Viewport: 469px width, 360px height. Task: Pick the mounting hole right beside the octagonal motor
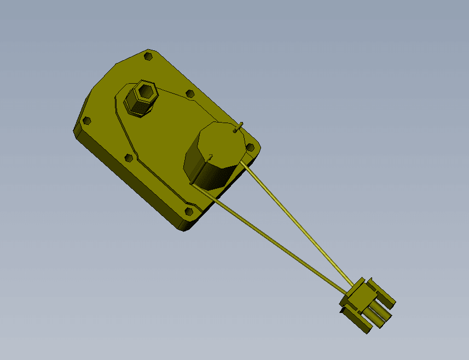click(251, 147)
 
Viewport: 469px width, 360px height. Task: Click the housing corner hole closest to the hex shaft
click(148, 56)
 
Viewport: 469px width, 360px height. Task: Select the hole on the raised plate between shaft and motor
click(190, 95)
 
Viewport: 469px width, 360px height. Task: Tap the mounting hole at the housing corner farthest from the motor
click(86, 120)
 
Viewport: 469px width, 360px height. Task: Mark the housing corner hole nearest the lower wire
click(189, 211)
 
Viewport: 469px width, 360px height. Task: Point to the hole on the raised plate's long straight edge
click(129, 158)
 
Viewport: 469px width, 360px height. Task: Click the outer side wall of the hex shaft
click(135, 107)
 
